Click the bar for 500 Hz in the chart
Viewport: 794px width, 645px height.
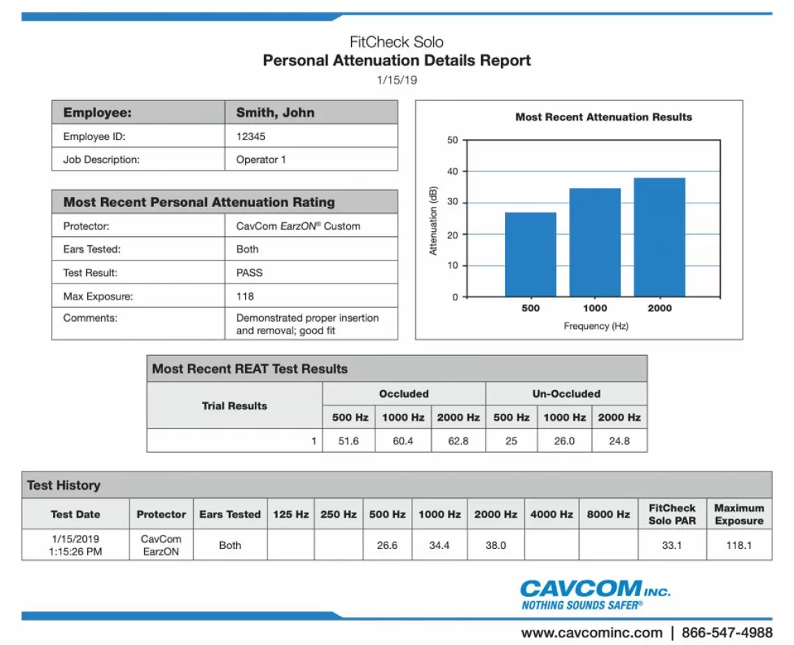pyautogui.click(x=530, y=254)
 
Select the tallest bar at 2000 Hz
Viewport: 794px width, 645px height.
pyautogui.click(x=659, y=237)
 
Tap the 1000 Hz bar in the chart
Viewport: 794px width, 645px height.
pyautogui.click(x=594, y=242)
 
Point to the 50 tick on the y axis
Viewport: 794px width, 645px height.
pyautogui.click(x=453, y=140)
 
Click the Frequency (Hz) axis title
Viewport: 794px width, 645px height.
pyautogui.click(x=595, y=325)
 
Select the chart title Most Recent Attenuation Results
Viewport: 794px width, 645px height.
pyautogui.click(x=603, y=117)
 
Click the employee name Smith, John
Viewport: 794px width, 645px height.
pyautogui.click(x=275, y=113)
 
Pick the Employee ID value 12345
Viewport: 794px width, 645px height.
pyautogui.click(x=251, y=137)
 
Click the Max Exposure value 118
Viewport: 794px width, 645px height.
pyautogui.click(x=245, y=296)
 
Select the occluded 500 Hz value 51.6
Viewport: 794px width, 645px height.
pyautogui.click(x=348, y=441)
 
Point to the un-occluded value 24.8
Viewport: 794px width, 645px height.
pyautogui.click(x=619, y=441)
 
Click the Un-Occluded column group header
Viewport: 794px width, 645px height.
pyautogui.click(x=566, y=394)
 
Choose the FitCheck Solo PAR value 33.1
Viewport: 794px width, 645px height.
pyautogui.click(x=671, y=545)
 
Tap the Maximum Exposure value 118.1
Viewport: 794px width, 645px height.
pyautogui.click(x=739, y=545)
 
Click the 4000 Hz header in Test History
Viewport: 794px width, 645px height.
pyautogui.click(x=552, y=514)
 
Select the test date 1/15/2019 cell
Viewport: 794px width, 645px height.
pyautogui.click(x=75, y=545)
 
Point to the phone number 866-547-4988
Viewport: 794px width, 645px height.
pyautogui.click(x=727, y=632)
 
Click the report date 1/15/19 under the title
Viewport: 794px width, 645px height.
pyautogui.click(x=397, y=80)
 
